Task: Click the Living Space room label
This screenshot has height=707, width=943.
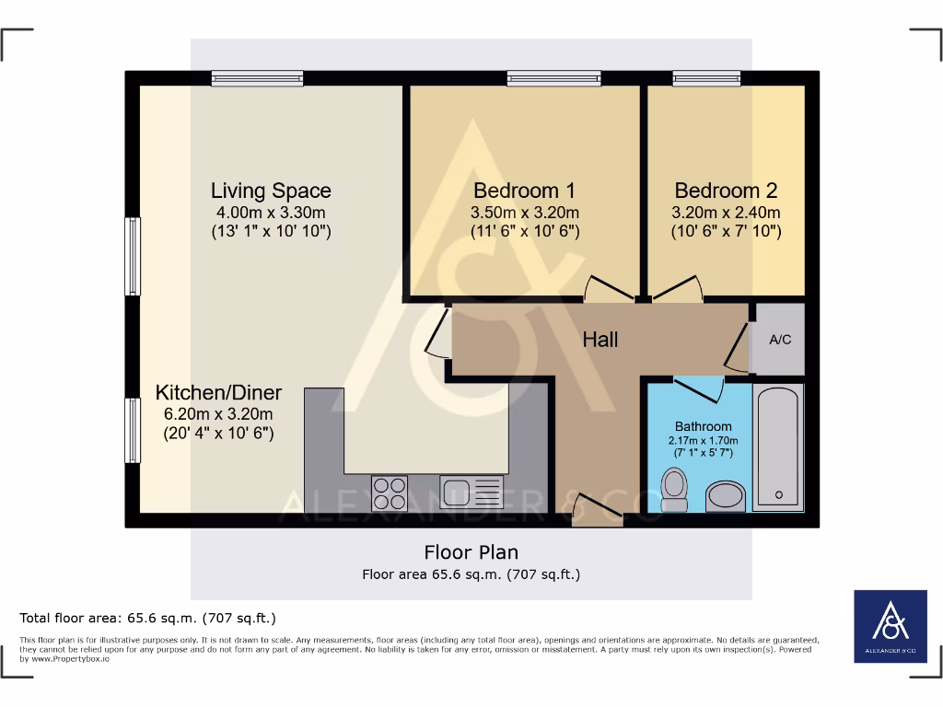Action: point(271,191)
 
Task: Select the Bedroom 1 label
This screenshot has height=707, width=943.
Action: point(524,191)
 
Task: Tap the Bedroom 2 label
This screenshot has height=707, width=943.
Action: point(726,191)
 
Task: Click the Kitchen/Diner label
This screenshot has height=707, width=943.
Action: point(218,392)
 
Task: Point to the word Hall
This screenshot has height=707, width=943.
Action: point(600,340)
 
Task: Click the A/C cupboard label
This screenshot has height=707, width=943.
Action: point(780,340)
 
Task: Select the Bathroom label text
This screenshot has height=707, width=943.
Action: point(703,426)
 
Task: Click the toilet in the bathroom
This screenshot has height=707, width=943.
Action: point(674,489)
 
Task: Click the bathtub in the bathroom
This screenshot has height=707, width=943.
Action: point(778,446)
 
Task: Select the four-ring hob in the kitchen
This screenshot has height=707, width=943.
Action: point(390,493)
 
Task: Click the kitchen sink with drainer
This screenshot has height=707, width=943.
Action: point(471,493)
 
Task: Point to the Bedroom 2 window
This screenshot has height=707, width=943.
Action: point(706,78)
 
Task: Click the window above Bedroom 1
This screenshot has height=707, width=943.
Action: point(553,78)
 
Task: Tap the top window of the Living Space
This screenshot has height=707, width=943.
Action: point(257,78)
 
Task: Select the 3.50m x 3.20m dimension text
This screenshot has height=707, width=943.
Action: point(524,213)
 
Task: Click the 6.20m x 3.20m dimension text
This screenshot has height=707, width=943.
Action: point(218,413)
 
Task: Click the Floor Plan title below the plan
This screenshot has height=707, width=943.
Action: point(471,552)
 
